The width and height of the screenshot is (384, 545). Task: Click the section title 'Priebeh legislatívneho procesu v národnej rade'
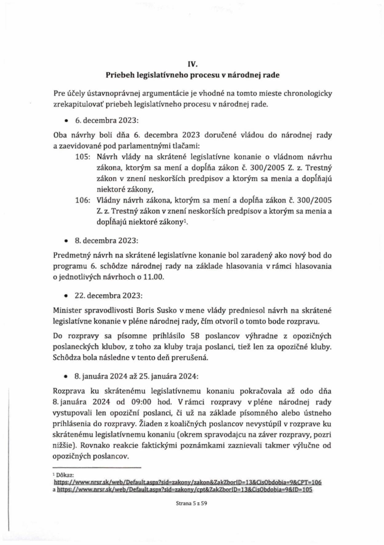tap(193, 75)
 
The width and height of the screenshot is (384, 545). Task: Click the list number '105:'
tap(83, 157)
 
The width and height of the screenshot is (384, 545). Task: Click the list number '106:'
tap(83, 200)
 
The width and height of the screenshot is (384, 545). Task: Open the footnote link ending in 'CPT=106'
tap(188, 482)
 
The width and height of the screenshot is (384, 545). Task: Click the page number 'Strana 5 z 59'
tap(192, 504)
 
